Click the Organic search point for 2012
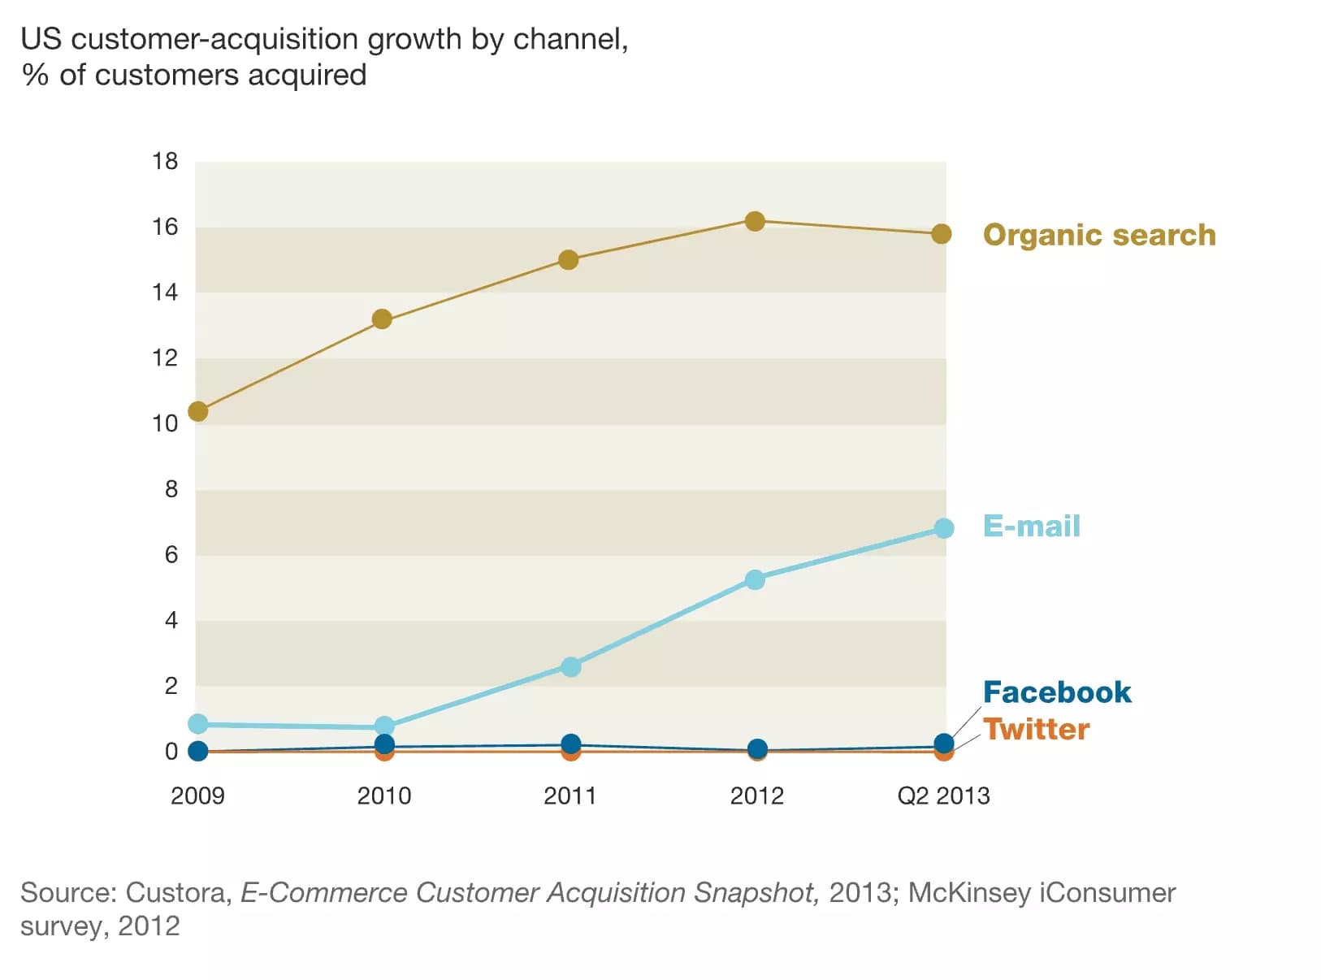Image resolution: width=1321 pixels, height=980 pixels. coord(755,221)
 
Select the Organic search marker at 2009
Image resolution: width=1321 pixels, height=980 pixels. coord(198,412)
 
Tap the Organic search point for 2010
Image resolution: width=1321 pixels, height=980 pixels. coord(382,319)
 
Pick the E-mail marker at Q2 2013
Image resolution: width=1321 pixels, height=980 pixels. coord(943,528)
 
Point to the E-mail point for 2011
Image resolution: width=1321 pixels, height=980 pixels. coord(571,666)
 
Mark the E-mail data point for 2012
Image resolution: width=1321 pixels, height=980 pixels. coord(755,579)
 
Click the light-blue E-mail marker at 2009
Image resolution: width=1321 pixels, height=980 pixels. coord(198,723)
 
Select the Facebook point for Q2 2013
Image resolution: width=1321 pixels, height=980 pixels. coord(943,743)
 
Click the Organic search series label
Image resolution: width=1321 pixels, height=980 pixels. coord(1098,235)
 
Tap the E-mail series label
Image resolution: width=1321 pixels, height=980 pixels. coord(1031,526)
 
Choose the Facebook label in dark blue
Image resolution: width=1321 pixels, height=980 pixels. coord(1056,692)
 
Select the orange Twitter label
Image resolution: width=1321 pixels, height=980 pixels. coord(1036,729)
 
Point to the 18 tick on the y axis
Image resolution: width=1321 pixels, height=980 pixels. coord(165,162)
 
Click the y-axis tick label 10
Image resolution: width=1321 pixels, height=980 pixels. coord(165,423)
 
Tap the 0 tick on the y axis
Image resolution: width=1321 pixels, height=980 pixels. coord(171,752)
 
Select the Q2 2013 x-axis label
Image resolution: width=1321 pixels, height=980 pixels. coord(943,796)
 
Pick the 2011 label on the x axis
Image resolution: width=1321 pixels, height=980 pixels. coord(570,796)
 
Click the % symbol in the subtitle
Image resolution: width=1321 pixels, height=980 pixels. coord(35,76)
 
